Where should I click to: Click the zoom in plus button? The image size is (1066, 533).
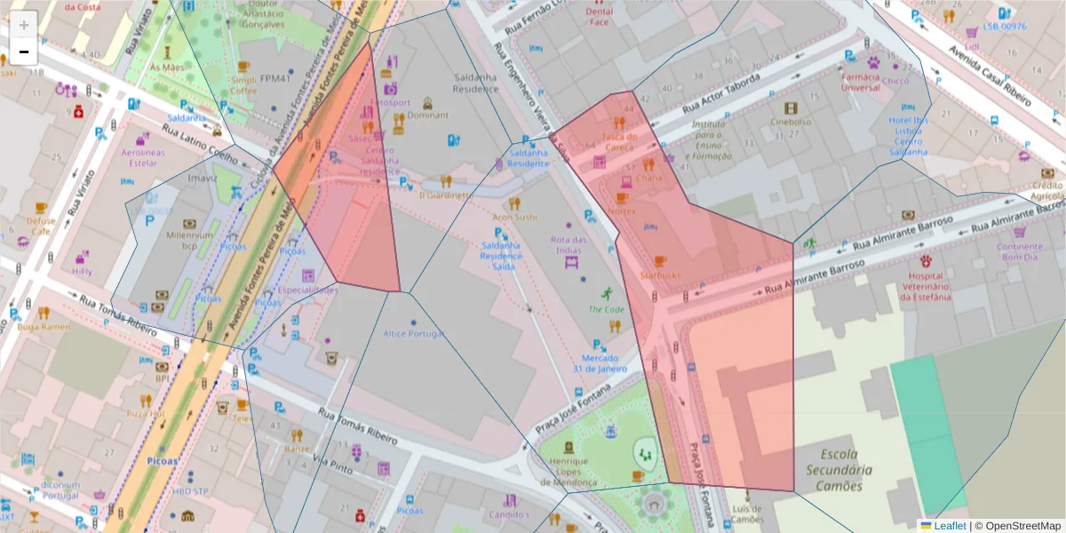[x=24, y=25]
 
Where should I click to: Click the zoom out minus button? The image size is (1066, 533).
[x=24, y=52]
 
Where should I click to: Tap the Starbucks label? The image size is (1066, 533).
[x=659, y=275]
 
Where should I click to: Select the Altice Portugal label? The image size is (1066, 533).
[x=412, y=333]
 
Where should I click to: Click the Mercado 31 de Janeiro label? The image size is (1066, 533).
[x=600, y=363]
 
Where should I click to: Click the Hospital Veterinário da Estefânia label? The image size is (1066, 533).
[x=925, y=287]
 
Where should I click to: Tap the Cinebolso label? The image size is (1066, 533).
[x=791, y=122]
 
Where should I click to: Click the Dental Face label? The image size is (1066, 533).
[x=600, y=17]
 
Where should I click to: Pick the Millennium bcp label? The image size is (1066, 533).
[x=189, y=240]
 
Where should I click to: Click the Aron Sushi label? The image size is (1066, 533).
[x=514, y=216]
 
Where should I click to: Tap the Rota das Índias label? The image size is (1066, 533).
[x=569, y=244]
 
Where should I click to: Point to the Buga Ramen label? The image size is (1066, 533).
[x=43, y=327]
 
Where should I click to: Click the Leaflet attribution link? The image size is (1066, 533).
[x=949, y=526]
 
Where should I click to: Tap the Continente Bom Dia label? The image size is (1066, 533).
[x=1019, y=251]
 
